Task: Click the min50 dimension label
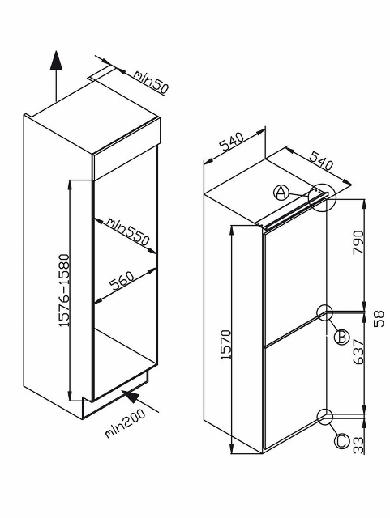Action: click(152, 81)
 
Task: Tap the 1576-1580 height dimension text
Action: click(64, 291)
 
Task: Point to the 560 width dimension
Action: click(122, 282)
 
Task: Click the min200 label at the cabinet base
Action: click(125, 423)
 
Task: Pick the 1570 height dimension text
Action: click(226, 345)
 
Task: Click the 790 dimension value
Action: click(358, 243)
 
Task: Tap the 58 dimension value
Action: click(379, 319)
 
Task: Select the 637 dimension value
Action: click(358, 353)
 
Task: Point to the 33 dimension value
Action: click(358, 445)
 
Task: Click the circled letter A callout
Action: click(281, 193)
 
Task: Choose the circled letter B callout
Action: click(341, 338)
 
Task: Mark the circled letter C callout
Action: click(341, 442)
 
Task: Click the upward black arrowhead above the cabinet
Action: click(56, 60)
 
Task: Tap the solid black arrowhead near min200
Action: click(130, 396)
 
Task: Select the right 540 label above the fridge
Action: click(321, 160)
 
